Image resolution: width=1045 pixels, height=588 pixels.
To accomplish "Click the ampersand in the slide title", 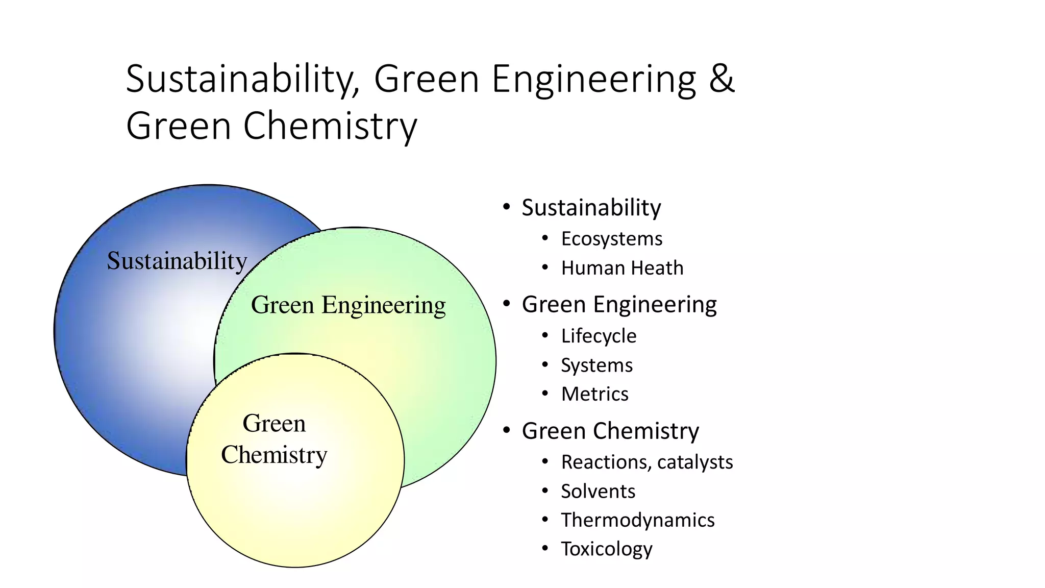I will (721, 79).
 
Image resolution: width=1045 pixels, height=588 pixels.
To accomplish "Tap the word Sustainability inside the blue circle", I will (177, 261).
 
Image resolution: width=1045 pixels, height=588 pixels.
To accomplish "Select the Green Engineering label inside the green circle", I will (348, 305).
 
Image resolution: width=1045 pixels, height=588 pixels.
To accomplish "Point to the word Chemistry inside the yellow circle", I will (274, 455).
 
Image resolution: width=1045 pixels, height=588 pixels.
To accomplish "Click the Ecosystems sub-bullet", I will (611, 239).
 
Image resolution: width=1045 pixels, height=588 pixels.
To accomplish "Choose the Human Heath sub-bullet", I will (622, 268).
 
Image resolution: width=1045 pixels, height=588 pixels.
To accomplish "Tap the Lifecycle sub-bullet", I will (599, 336).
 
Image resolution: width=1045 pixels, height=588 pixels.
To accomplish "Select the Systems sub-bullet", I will (596, 365).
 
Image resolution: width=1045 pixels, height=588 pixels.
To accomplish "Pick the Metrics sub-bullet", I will (594, 394).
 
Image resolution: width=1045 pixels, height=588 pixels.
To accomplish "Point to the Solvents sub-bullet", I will (598, 491).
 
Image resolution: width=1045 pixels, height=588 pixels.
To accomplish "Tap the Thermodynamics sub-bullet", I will (638, 520).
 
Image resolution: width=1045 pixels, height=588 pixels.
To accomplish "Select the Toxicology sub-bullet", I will (607, 549).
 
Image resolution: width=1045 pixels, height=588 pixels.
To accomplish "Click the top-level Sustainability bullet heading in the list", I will (591, 208).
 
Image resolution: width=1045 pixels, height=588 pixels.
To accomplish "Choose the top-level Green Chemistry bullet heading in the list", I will (610, 431).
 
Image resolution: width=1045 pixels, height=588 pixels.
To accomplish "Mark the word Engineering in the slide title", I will (593, 80).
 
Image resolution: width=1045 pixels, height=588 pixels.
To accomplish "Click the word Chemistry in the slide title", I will (330, 126).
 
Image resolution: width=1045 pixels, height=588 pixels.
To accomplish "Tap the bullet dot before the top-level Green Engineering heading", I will (506, 304).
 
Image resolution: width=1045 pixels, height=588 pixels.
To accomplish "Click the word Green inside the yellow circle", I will (274, 423).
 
